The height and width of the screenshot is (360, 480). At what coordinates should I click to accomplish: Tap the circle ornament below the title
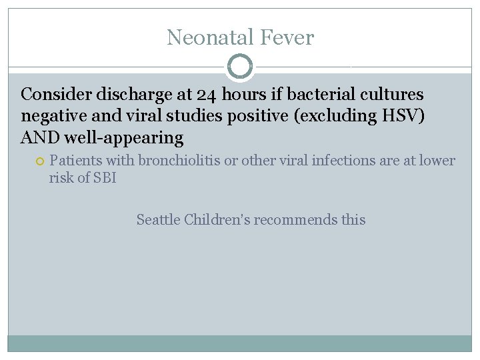[240, 66]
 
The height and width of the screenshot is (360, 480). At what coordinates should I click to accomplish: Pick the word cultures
[394, 94]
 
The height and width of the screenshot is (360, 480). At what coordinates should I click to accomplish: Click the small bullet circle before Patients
[39, 161]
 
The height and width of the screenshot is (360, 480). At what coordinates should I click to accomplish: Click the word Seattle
[157, 219]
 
